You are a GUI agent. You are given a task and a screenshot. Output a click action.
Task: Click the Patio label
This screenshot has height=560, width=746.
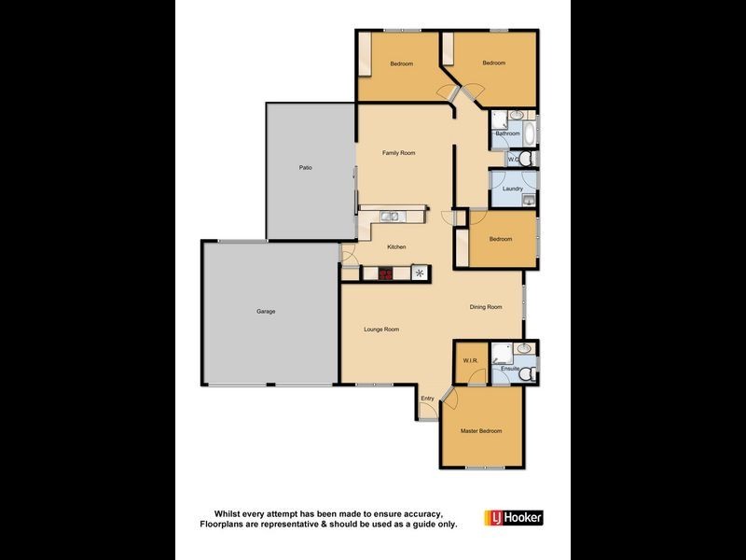click(x=305, y=168)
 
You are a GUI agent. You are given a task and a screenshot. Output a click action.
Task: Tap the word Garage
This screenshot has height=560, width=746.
click(x=266, y=311)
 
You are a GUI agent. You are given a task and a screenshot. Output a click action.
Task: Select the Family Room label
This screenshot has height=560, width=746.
click(x=398, y=153)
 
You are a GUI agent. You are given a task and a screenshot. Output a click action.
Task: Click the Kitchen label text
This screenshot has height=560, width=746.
click(x=397, y=246)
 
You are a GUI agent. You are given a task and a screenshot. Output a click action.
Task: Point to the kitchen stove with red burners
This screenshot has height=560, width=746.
click(x=384, y=273)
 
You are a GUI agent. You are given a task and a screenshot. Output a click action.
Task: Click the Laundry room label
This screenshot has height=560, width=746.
click(x=512, y=189)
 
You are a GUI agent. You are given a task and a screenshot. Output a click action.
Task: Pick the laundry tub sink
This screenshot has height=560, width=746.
click(x=528, y=199)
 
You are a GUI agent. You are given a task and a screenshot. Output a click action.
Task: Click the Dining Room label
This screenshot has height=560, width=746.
click(x=486, y=307)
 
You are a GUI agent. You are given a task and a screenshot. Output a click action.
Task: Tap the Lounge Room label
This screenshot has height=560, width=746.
click(x=381, y=329)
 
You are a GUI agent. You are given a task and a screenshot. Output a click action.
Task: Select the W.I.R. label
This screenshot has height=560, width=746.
click(x=470, y=360)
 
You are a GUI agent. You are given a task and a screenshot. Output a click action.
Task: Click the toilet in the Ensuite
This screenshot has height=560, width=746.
click(x=527, y=373)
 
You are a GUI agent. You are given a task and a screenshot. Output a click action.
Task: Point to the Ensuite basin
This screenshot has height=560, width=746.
click(x=524, y=349)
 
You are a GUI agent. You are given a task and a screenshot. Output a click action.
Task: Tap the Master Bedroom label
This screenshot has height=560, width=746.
click(x=481, y=431)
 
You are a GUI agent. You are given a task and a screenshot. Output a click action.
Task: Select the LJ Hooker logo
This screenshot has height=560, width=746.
click(x=513, y=517)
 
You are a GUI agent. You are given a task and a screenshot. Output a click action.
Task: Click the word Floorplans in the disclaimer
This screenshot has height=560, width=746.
click(x=226, y=525)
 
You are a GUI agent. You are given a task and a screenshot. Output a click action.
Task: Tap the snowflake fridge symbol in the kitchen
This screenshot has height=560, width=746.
click(x=420, y=273)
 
